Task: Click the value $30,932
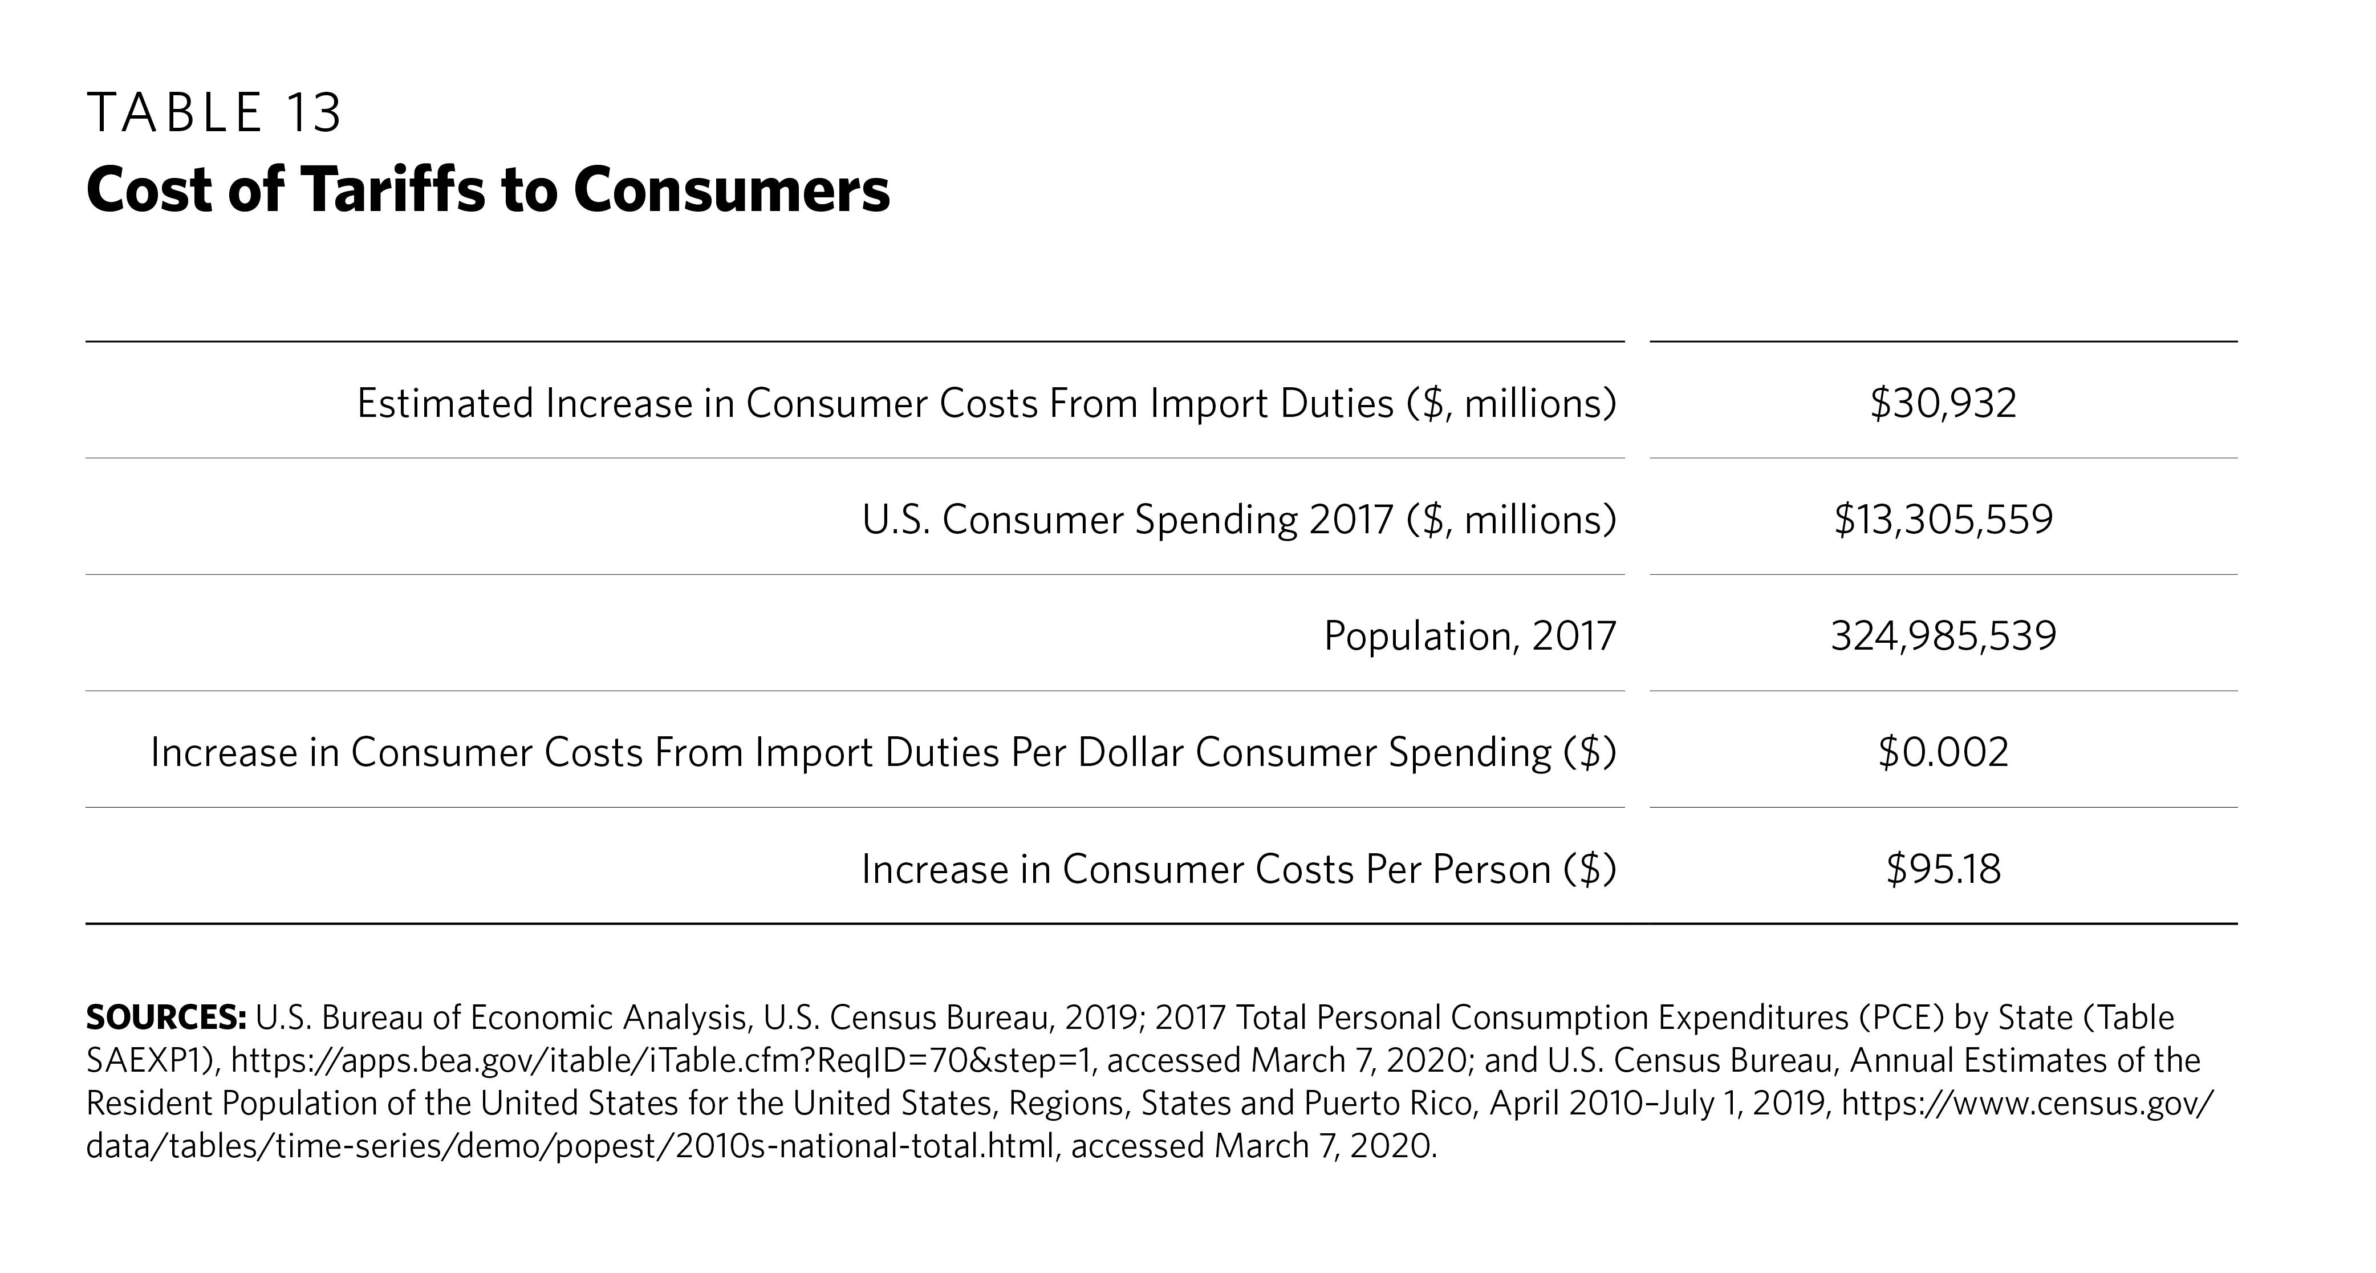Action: (1943, 403)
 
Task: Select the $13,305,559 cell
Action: (1943, 520)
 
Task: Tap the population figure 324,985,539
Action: (1943, 635)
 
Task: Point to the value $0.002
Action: (1943, 752)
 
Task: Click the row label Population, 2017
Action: (1469, 635)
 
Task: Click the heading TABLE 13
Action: (214, 113)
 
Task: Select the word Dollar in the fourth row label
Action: (1130, 752)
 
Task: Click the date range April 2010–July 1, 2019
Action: (1660, 1103)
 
